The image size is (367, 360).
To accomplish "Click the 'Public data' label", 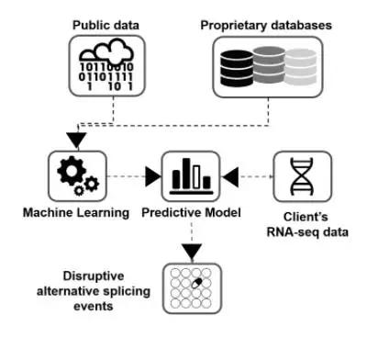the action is click(106, 25).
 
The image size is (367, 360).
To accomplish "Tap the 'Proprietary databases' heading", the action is click(266, 26).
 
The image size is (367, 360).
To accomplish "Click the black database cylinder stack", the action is click(237, 69).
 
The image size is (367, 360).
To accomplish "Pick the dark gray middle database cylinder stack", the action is click(269, 65).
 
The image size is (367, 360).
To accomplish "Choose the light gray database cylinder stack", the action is click(300, 67).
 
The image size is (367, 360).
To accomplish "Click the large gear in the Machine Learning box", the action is click(72, 171).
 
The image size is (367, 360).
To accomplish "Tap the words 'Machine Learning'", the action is click(76, 213).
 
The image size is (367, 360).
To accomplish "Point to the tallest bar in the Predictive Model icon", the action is click(186, 174).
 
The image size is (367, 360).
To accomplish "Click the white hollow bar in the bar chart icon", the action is click(196, 177).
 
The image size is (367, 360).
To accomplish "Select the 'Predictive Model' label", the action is click(191, 213).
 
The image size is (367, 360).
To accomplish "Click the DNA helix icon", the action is click(302, 176).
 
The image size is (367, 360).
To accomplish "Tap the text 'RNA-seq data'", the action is click(307, 232).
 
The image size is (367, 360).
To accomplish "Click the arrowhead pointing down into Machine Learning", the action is click(77, 140).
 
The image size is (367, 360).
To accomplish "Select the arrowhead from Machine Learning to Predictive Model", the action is click(153, 176).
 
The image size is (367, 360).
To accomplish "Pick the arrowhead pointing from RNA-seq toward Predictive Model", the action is click(230, 176).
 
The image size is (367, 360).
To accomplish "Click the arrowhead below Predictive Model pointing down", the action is click(192, 252).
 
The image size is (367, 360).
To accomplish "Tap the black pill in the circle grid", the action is click(196, 283).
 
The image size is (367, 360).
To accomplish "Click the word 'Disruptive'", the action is click(94, 276).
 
